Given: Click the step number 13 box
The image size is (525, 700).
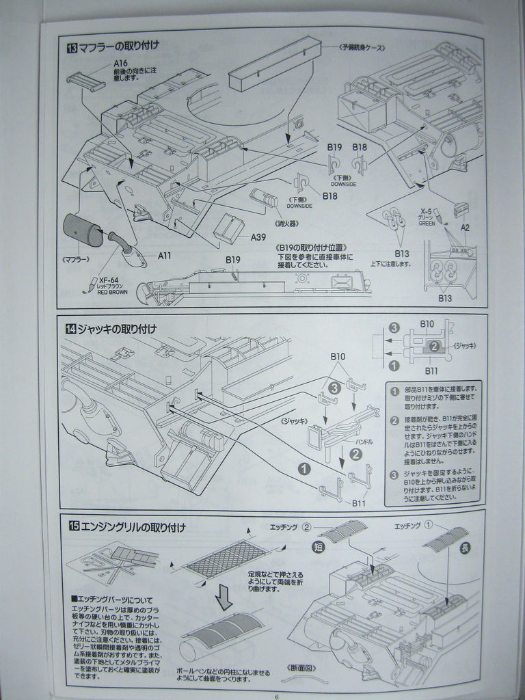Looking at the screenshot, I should (72, 48).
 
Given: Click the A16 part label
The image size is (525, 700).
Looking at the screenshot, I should (120, 64).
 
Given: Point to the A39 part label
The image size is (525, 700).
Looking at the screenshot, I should (258, 237).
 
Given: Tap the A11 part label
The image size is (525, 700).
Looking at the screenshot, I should (165, 256).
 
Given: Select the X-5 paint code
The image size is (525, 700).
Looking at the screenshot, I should (426, 213).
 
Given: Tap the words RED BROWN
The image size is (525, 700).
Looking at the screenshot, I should (112, 292).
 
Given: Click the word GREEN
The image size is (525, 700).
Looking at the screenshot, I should (426, 224).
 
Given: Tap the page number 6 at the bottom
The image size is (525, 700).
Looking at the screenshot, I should (276, 696).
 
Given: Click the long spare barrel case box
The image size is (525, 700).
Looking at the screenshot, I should (273, 65).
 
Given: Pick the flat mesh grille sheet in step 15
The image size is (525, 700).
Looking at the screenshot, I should (227, 558).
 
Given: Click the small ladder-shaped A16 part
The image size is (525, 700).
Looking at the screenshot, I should (86, 81).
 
